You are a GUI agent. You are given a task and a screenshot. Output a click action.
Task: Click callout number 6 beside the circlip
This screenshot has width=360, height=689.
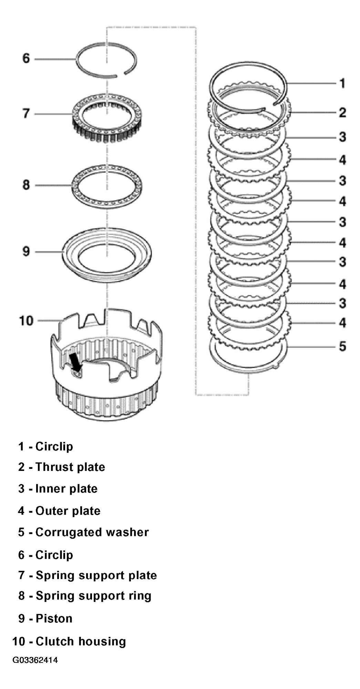(x=27, y=58)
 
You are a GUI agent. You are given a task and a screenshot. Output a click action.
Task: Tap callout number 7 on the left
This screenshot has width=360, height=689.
(x=27, y=114)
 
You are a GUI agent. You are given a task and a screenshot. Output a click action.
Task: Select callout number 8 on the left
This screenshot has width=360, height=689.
(x=27, y=185)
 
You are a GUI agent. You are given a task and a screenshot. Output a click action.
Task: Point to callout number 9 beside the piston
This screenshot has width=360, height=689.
(x=27, y=251)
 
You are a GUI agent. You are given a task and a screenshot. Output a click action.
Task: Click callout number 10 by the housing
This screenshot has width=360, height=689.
(x=26, y=321)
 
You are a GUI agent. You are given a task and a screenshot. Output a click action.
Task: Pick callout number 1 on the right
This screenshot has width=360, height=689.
(x=342, y=83)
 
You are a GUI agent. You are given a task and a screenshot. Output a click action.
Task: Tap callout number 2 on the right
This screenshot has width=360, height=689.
(x=342, y=113)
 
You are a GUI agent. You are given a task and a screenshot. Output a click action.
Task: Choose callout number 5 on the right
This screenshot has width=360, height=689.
(x=342, y=346)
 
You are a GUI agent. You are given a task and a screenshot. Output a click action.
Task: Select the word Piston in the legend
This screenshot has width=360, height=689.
(x=54, y=618)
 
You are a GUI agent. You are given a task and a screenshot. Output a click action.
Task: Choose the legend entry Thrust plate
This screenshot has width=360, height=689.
(x=70, y=467)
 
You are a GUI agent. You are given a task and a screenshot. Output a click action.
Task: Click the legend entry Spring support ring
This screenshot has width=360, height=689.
(x=93, y=596)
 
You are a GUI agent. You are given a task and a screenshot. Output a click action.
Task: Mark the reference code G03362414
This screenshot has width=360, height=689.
(x=35, y=660)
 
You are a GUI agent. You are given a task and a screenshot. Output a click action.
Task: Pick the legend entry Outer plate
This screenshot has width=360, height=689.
(x=68, y=511)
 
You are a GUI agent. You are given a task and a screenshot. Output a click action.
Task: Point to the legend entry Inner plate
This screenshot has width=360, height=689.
(x=66, y=489)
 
